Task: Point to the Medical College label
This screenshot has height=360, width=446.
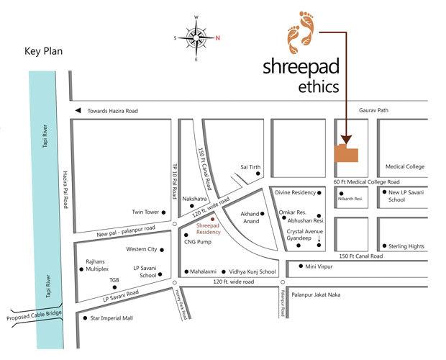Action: click(405, 166)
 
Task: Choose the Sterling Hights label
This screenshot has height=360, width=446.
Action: click(406, 246)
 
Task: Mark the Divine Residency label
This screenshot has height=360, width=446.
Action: click(295, 192)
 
